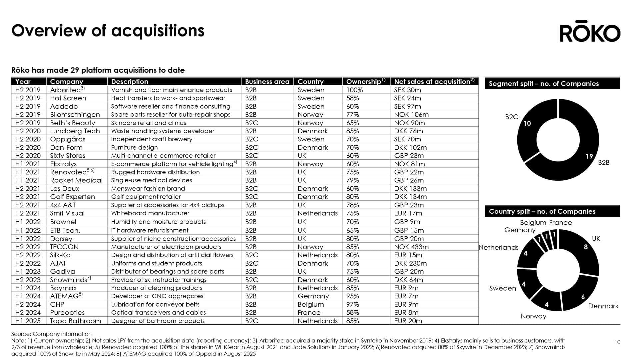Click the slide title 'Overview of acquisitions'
[x=108, y=31]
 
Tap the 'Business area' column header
[x=267, y=82]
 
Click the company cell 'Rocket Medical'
[x=76, y=180]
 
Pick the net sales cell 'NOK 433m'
[x=411, y=247]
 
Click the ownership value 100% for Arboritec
[x=354, y=90]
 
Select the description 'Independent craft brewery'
[x=151, y=139]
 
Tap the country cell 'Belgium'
[x=310, y=304]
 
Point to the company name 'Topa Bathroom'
[x=75, y=321]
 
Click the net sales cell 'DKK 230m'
[x=410, y=263]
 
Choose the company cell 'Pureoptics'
[x=67, y=313]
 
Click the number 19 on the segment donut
[x=589, y=156]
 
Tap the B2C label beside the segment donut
[x=511, y=117]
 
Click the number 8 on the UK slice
[x=586, y=247]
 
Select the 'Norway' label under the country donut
[x=533, y=316]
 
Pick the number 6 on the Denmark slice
[x=583, y=297]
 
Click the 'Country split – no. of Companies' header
[x=542, y=211]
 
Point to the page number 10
[x=617, y=342]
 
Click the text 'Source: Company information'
[x=51, y=334]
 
